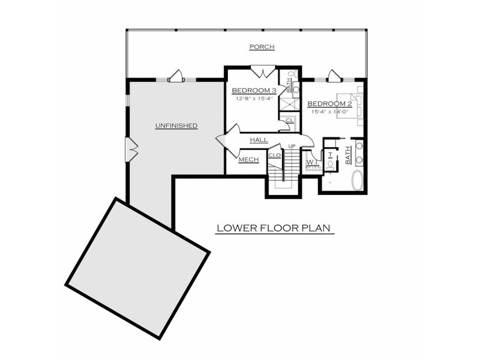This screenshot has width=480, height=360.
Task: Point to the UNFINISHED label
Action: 176,125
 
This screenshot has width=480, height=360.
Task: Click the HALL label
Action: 259,140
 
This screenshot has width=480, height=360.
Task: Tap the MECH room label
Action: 248,160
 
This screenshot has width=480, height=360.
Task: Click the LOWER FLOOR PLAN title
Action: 274,228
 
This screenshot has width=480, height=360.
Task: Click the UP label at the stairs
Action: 292,146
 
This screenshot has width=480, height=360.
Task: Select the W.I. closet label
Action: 312,161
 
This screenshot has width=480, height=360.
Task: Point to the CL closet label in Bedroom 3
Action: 289,120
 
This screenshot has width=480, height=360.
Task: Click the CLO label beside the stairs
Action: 275,155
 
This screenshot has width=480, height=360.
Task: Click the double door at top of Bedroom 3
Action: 263,72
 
